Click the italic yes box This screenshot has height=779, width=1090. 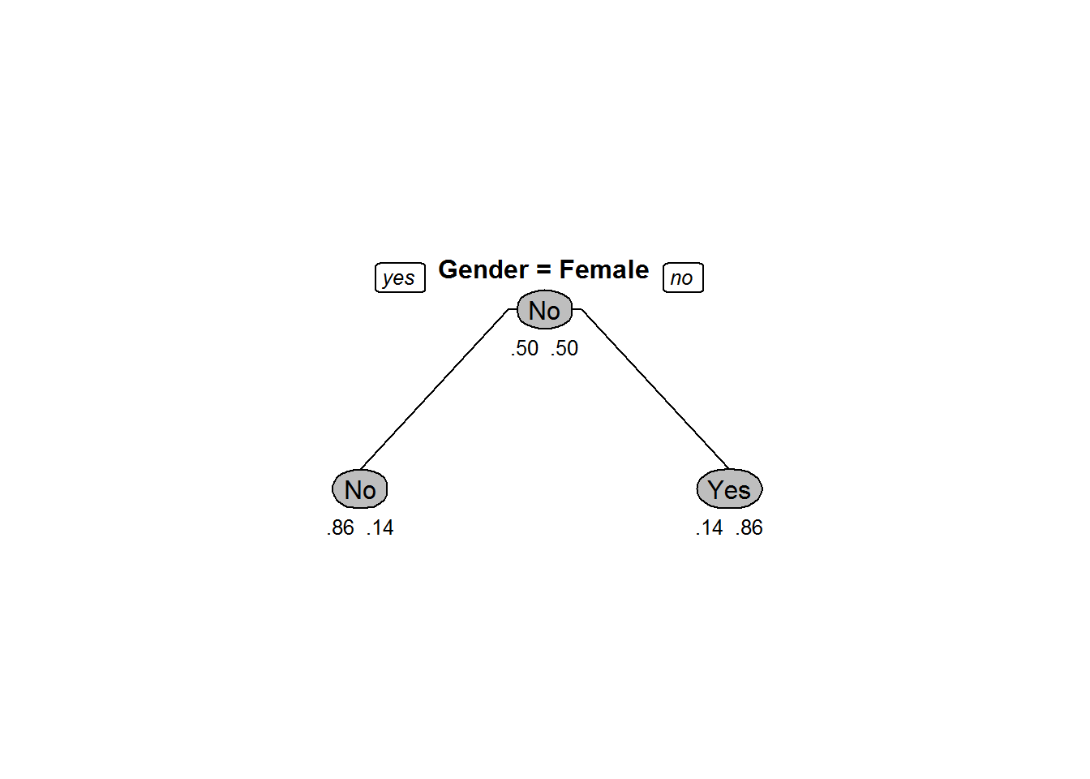pyautogui.click(x=400, y=278)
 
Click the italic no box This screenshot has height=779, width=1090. pyautogui.click(x=683, y=278)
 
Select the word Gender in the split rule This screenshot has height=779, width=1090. pyautogui.click(x=483, y=269)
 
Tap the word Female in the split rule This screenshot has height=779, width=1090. pyautogui.click(x=604, y=269)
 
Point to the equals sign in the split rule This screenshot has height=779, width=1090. pyautogui.click(x=544, y=270)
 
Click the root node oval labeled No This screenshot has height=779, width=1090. pyautogui.click(x=544, y=310)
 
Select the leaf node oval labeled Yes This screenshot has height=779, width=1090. pyautogui.click(x=729, y=488)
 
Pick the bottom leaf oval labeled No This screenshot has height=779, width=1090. pyautogui.click(x=360, y=488)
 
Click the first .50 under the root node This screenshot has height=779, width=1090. pyautogui.click(x=525, y=349)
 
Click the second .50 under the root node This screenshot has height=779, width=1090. pyautogui.click(x=564, y=349)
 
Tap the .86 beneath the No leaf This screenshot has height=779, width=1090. pyautogui.click(x=340, y=527)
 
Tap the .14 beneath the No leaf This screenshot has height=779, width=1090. pyautogui.click(x=380, y=527)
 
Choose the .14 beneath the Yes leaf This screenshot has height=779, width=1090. pyautogui.click(x=710, y=527)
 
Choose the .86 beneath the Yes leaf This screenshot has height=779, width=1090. pyautogui.click(x=749, y=527)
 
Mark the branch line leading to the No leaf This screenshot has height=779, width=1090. pyautogui.click(x=435, y=389)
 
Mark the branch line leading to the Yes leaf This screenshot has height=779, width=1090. pyautogui.click(x=654, y=388)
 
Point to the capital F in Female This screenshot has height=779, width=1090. pyautogui.click(x=567, y=269)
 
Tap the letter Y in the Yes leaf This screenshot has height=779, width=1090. pyautogui.click(x=715, y=488)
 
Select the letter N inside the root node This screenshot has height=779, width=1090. pyautogui.click(x=536, y=310)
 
